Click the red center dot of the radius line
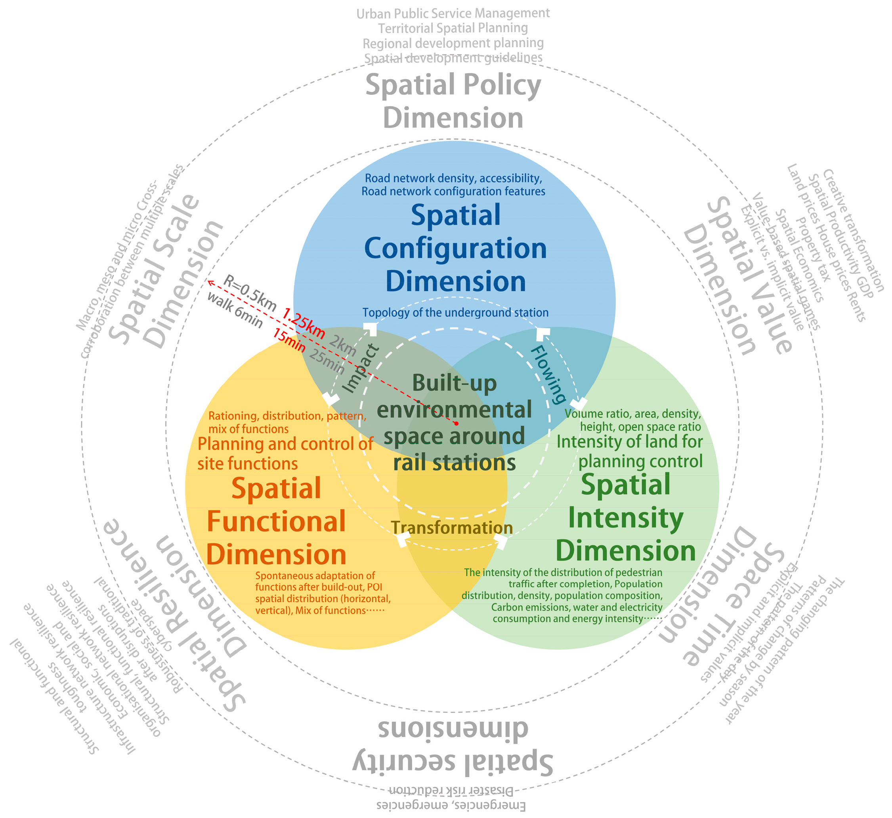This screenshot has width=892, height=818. pyautogui.click(x=456, y=424)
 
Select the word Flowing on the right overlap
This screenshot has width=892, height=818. pyautogui.click(x=548, y=375)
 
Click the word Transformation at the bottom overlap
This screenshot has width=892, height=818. pyautogui.click(x=451, y=527)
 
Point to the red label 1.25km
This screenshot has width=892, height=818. pyautogui.click(x=304, y=322)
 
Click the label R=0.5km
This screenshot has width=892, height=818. pyautogui.click(x=250, y=293)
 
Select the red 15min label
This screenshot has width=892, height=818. pyautogui.click(x=289, y=341)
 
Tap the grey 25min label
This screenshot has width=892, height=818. pyautogui.click(x=327, y=361)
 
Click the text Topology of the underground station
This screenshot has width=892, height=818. pyautogui.click(x=455, y=313)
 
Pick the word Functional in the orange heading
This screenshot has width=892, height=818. pyautogui.click(x=276, y=522)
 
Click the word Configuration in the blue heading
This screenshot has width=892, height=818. pyautogui.click(x=455, y=248)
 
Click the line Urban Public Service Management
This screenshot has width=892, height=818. pyautogui.click(x=453, y=14)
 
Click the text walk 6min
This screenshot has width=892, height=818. pyautogui.click(x=235, y=310)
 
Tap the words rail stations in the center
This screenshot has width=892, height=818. pyautogui.click(x=454, y=463)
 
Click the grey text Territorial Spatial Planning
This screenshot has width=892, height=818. pyautogui.click(x=453, y=28)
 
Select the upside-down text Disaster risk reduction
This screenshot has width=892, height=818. pyautogui.click(x=451, y=791)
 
